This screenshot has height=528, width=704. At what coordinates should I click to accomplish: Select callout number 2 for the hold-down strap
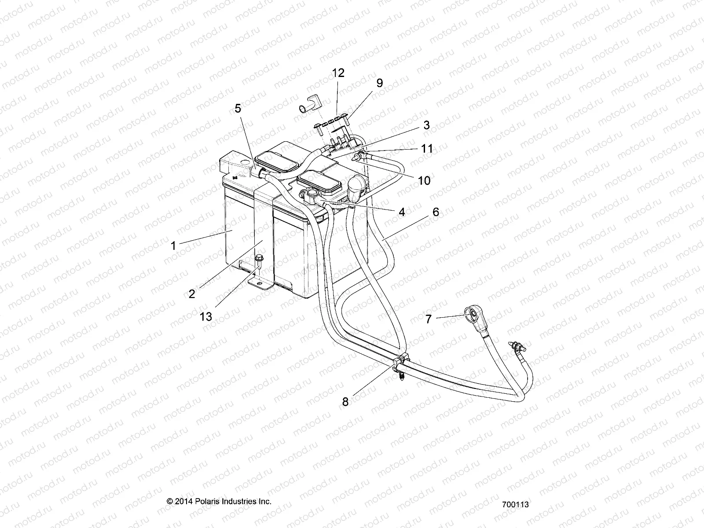(192, 293)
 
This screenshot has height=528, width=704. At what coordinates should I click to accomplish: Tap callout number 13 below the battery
(206, 316)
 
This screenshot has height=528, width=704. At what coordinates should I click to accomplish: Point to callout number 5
(238, 108)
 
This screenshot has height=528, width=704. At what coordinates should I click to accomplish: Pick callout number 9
(379, 83)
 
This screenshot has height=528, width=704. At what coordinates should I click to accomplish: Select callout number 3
(426, 125)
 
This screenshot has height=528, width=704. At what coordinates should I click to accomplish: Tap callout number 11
(427, 148)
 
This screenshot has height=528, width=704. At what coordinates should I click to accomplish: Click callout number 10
(424, 180)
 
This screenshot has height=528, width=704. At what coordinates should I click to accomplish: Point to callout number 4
(401, 212)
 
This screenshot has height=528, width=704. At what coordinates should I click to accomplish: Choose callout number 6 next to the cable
(436, 212)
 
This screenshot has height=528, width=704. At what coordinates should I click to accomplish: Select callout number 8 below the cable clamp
(345, 401)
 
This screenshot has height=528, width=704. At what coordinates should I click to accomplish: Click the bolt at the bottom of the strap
(259, 260)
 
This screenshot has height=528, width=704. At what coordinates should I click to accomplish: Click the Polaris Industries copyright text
(219, 501)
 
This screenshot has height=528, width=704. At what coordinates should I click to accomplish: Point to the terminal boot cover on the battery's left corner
(232, 165)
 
